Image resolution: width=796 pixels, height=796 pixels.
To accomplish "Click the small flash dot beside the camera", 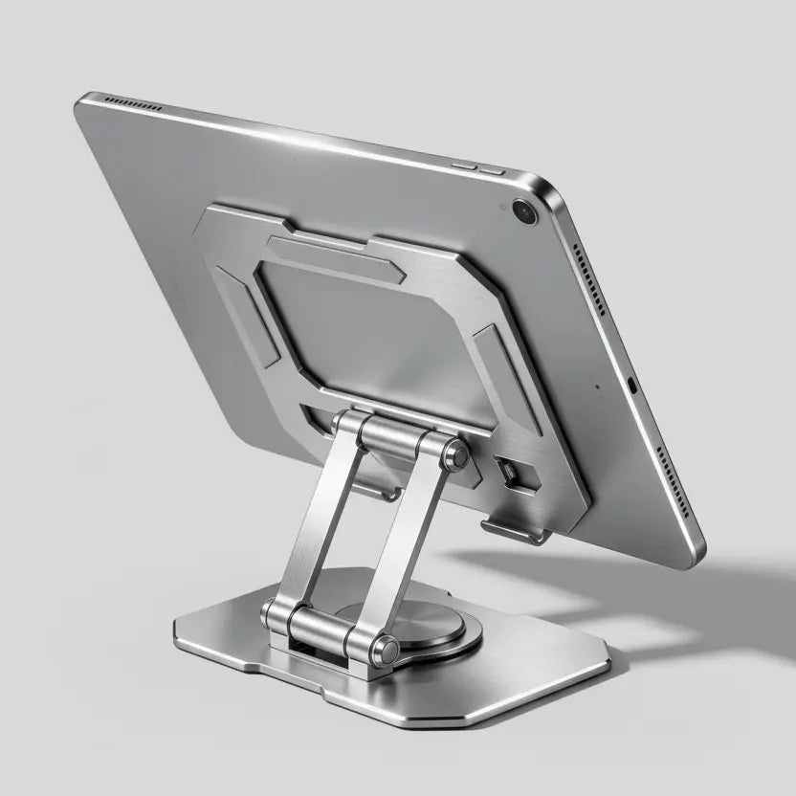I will tap(502, 207).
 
